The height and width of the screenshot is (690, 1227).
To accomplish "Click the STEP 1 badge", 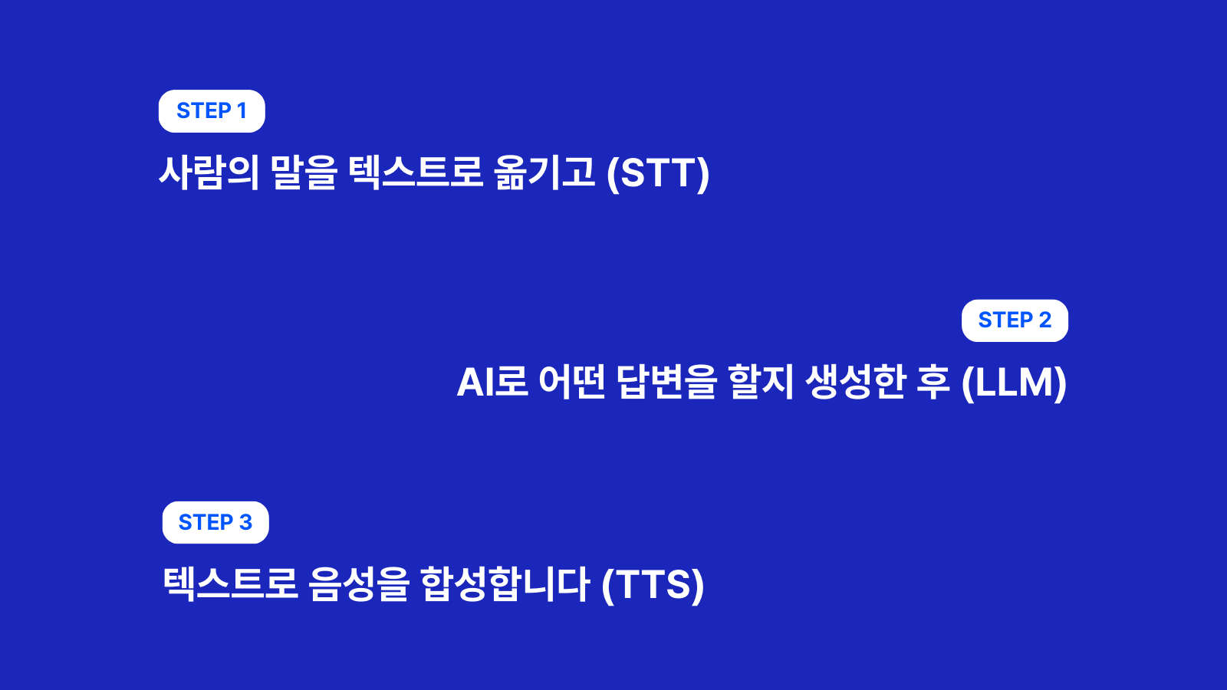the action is (x=212, y=111).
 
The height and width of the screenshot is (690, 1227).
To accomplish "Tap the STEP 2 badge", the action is (x=1015, y=320).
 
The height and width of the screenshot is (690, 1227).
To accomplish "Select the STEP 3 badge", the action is (x=215, y=522).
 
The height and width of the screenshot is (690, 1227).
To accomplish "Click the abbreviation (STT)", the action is (x=658, y=173).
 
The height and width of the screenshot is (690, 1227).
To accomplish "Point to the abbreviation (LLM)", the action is (x=1014, y=383).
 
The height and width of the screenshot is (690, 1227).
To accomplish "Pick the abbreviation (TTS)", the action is (x=653, y=585).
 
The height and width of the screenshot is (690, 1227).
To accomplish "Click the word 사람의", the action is (x=209, y=172).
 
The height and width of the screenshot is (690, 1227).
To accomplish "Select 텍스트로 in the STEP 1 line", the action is (x=416, y=172).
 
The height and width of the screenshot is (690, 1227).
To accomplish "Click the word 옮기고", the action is (x=544, y=172).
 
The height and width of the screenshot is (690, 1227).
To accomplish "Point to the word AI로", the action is (x=492, y=382).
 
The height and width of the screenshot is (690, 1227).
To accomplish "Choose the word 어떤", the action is (x=572, y=382).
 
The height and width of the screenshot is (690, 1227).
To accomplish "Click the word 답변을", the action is (x=666, y=382).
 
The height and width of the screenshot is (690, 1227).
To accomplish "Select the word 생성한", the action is (x=856, y=382).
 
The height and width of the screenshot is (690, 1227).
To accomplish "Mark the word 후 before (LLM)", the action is (x=933, y=382).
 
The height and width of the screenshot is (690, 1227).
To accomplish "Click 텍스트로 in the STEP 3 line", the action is (x=231, y=584).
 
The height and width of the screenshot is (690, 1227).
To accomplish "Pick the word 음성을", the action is (x=359, y=584).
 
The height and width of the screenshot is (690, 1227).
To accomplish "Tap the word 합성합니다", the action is (x=505, y=584).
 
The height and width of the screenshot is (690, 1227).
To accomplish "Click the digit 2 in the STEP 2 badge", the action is (x=1045, y=320).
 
